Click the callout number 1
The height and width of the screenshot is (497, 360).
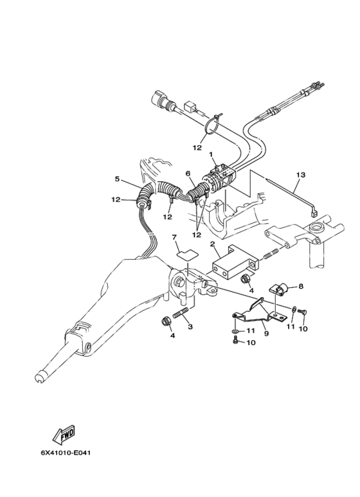coord(210,155)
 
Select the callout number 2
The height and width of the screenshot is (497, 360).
coord(212,244)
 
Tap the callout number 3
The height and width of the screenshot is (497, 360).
coord(190,327)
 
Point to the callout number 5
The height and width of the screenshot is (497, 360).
coord(118,179)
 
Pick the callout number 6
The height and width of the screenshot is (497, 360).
coord(188,174)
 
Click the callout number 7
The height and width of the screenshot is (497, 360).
coord(174,237)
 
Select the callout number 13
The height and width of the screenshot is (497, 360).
coord(300,174)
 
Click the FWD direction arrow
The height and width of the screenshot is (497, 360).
coord(66,437)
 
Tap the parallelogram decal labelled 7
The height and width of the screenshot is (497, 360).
coord(184,253)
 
